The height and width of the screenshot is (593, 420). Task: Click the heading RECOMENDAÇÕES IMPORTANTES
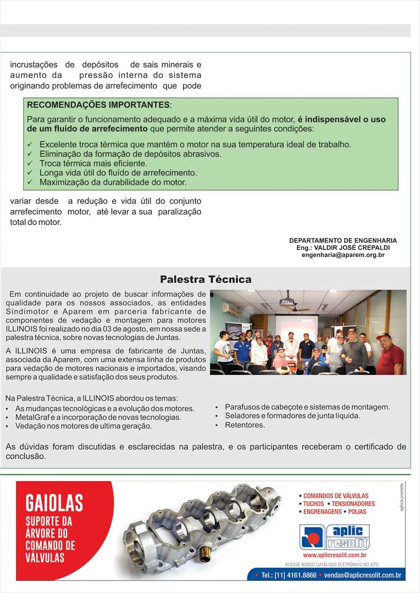click(x=98, y=105)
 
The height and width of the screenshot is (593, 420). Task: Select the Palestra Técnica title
click(x=206, y=279)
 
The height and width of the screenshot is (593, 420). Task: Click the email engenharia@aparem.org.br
click(x=343, y=255)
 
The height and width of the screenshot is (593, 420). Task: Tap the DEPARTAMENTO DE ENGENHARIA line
click(x=343, y=241)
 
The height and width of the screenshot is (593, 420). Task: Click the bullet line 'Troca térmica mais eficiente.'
click(x=93, y=163)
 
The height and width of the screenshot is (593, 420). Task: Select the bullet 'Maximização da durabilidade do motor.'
click(x=113, y=182)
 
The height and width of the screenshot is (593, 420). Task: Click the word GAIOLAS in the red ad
click(x=54, y=502)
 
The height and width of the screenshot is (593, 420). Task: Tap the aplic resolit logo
click(x=334, y=536)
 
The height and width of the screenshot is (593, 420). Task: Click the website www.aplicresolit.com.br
click(x=334, y=555)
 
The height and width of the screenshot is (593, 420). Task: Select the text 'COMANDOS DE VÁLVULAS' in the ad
click(x=335, y=496)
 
